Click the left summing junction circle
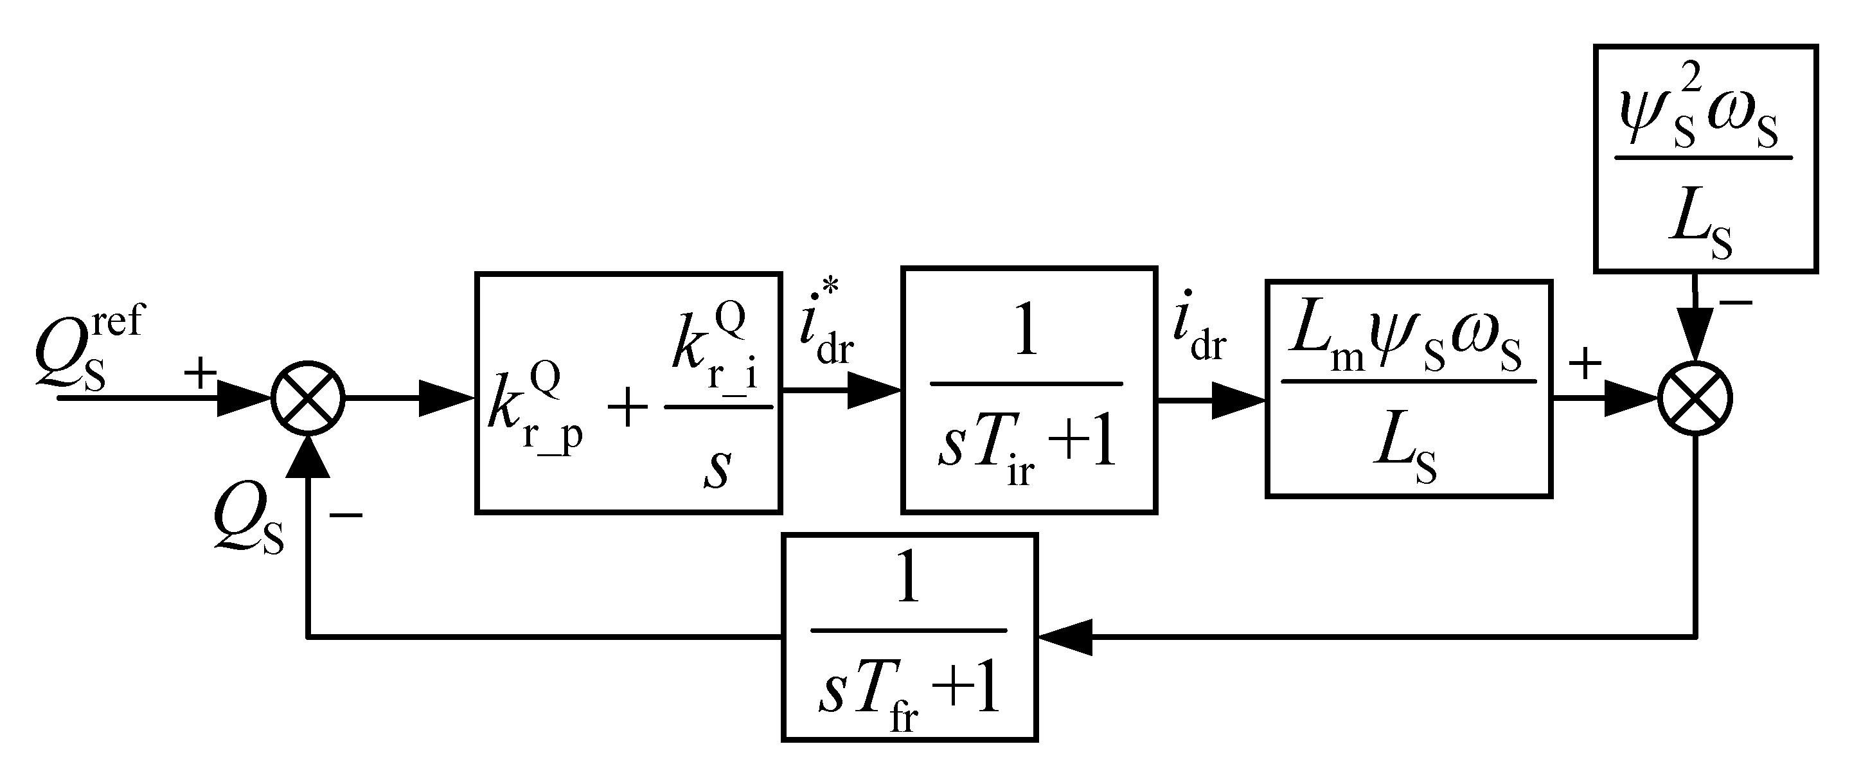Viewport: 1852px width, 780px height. (308, 398)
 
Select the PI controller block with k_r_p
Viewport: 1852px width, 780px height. (628, 393)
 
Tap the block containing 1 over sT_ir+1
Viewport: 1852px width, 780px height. (1029, 391)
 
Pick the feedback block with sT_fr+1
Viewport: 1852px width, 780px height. (909, 637)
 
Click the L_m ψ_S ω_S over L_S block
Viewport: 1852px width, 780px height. (1409, 389)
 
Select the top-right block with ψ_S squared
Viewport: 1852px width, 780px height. (1705, 159)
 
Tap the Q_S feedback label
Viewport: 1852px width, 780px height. (248, 528)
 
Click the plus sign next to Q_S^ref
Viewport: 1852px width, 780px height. (200, 373)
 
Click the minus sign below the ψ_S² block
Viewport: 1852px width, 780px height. (1736, 303)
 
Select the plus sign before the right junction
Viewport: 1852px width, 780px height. (1585, 363)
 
